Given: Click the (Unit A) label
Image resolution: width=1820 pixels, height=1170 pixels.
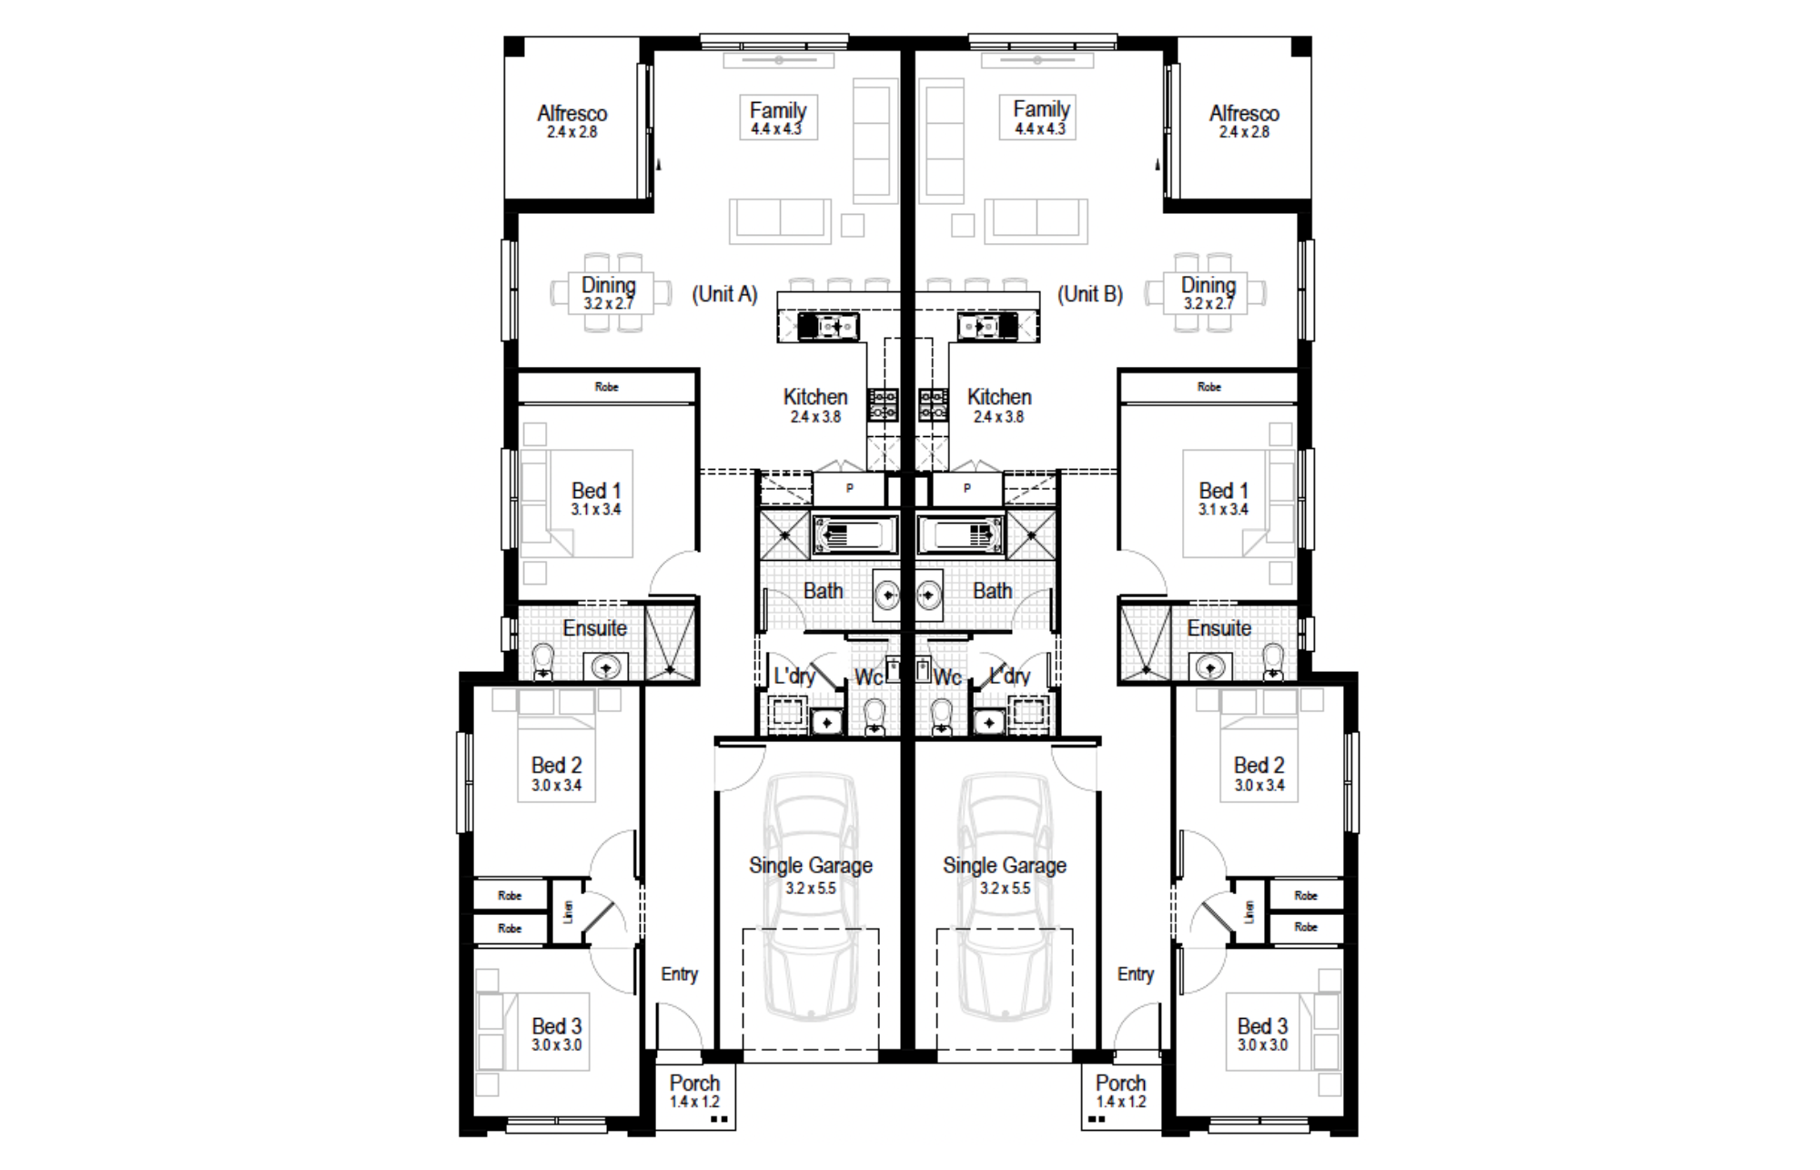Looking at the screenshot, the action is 724,294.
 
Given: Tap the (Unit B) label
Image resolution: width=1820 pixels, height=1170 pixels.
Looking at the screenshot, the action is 1090,294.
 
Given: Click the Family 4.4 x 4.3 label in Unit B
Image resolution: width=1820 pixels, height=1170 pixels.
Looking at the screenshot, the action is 1041,117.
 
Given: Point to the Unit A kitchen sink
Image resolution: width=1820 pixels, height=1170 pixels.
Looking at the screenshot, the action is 828,325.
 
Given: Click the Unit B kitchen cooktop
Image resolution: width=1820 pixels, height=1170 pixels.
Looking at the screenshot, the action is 933,404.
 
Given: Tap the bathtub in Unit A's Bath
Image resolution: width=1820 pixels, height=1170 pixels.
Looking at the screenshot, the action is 855,535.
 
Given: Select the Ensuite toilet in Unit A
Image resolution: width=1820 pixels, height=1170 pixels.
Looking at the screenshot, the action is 543,662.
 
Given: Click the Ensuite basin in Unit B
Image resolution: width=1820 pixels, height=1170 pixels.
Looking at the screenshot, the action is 1209,667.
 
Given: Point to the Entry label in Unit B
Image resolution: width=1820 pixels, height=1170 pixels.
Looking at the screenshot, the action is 1136,974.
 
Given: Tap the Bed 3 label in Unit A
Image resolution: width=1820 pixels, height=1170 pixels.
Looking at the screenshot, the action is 557,1034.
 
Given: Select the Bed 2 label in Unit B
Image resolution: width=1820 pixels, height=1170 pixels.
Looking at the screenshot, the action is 1259,774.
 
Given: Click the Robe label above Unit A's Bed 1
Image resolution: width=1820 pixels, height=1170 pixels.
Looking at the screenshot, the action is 607,387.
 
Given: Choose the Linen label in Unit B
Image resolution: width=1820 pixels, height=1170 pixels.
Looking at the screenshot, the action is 1249,911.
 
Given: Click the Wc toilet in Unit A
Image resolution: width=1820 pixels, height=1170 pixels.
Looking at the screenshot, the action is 875,717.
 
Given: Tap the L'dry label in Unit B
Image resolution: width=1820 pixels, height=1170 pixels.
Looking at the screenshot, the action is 1010,676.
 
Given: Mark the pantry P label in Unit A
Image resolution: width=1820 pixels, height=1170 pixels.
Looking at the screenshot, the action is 850,488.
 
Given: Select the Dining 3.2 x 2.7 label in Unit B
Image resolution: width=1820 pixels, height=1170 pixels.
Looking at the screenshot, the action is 1208,293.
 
